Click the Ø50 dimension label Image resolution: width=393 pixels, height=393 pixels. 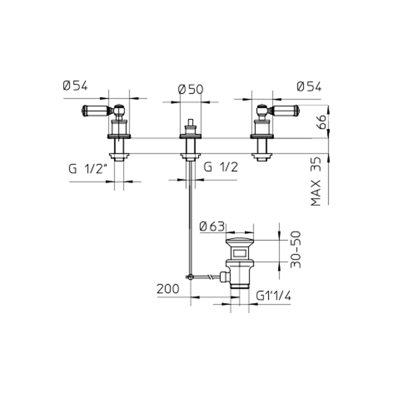click(190, 90)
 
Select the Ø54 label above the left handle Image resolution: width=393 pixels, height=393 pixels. click(75, 86)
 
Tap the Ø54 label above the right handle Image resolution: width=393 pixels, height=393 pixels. click(309, 86)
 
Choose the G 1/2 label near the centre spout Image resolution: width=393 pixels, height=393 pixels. click(221, 167)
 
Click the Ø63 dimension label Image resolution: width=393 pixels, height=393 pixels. click(212, 227)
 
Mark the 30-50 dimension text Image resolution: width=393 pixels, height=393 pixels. click(296, 250)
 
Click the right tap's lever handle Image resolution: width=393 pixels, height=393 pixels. click(285, 111)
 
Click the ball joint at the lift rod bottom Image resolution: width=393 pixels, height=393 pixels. click(190, 277)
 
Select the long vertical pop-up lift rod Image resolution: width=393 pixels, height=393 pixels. click(190, 217)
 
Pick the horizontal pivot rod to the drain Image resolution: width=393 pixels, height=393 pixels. click(206, 277)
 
